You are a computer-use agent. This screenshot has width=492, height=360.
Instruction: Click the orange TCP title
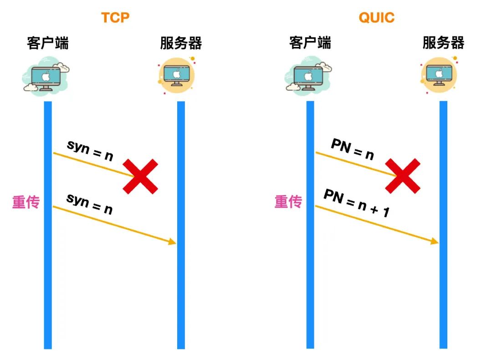coord(115,18)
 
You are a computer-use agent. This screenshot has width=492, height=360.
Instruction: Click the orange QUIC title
coord(376,18)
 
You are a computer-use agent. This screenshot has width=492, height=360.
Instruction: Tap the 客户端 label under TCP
coord(48,43)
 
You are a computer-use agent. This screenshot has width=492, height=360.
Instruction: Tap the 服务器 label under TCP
coord(180,43)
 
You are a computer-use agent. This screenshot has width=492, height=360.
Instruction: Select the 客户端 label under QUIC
coord(310,43)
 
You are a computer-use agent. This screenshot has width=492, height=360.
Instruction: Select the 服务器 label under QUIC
coord(443,43)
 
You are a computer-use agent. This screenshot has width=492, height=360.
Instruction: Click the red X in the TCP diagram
coord(141,176)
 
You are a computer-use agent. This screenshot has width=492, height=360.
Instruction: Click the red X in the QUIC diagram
coord(403,176)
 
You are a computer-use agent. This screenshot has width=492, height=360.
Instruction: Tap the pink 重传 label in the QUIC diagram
coord(288,201)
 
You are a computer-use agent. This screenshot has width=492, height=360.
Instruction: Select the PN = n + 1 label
coord(356,203)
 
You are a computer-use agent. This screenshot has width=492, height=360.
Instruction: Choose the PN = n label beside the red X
coord(352,149)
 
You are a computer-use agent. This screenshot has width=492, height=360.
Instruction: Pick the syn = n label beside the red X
coord(90,150)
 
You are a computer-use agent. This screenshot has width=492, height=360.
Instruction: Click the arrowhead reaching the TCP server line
coord(173,242)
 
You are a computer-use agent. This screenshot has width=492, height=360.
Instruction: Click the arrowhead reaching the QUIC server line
coord(435,241)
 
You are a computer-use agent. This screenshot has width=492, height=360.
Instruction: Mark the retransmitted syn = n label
coord(89,203)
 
